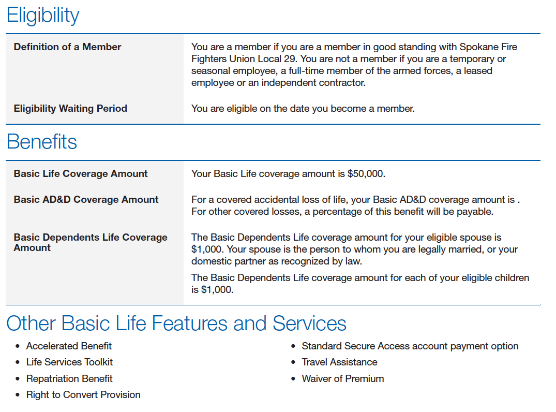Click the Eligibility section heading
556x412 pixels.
(43, 16)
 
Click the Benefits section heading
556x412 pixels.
(42, 142)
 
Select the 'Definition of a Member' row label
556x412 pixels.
(67, 47)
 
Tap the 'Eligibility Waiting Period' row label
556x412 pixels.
(70, 109)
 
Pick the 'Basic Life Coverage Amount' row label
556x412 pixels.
(81, 174)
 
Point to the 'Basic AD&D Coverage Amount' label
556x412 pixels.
(86, 200)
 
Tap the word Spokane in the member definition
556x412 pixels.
(479, 47)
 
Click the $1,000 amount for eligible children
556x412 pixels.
(212, 290)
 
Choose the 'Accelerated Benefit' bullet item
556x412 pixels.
(69, 346)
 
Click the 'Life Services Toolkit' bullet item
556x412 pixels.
(69, 362)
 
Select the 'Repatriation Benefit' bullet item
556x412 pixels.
(69, 379)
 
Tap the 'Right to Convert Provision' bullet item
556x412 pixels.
(83, 395)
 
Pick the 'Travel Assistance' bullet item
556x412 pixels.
(339, 362)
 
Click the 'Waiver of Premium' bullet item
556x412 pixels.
(342, 379)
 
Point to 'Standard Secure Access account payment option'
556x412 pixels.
(410, 346)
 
